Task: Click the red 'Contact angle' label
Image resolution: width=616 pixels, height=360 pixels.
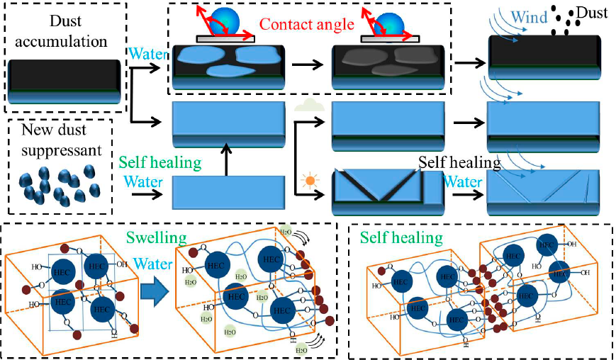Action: (x=306, y=26)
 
